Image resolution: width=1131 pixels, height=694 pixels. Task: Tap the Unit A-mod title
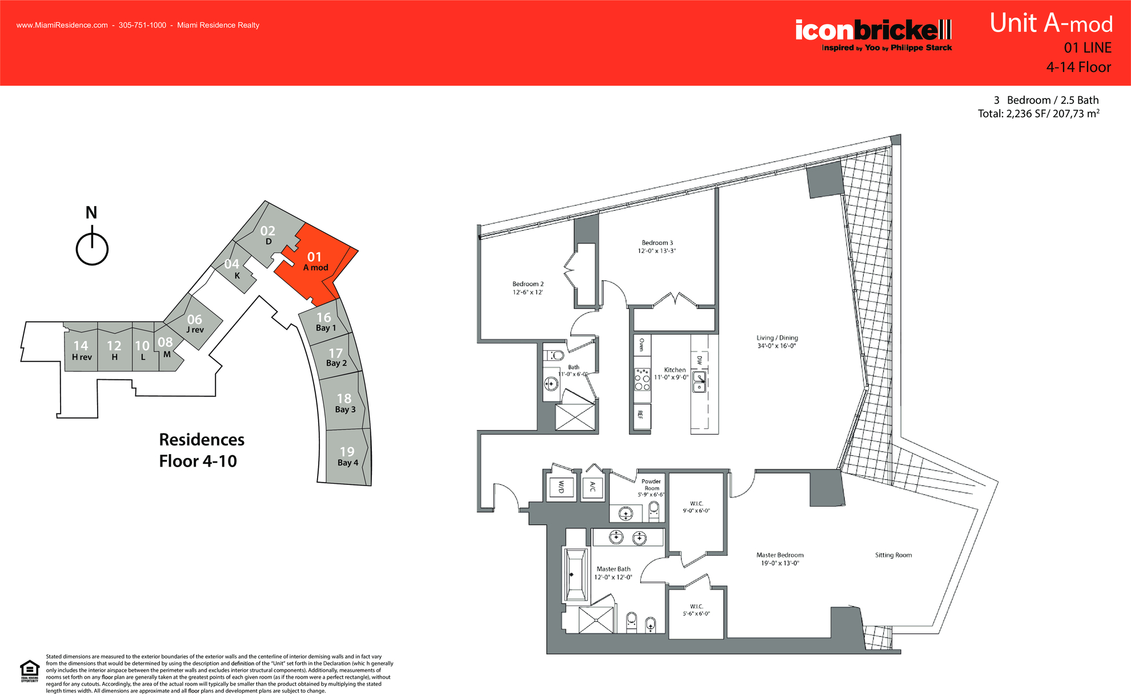point(1050,24)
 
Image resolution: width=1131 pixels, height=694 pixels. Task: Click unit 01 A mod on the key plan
point(315,262)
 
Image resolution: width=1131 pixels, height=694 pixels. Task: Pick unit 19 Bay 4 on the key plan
point(347,456)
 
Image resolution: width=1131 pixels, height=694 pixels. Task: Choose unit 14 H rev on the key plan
point(81,350)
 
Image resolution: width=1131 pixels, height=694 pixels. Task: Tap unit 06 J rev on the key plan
point(195,323)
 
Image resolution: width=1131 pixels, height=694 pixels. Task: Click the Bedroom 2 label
point(528,284)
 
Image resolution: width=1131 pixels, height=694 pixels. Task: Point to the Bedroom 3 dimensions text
point(656,251)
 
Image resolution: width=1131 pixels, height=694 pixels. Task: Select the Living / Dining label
point(777,338)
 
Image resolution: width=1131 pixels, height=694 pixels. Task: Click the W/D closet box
point(561,487)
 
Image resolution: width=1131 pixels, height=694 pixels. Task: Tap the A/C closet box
point(592,487)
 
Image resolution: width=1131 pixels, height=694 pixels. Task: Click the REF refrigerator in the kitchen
point(641,415)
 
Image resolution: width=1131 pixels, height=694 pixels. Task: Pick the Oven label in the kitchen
point(641,344)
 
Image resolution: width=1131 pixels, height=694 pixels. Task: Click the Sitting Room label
point(893,555)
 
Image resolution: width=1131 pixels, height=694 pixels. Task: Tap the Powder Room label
point(651,484)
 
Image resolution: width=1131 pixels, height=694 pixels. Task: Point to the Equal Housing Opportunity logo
point(30,671)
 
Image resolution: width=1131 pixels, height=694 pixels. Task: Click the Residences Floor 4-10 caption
point(201,450)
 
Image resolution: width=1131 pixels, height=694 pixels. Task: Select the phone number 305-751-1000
point(142,25)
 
